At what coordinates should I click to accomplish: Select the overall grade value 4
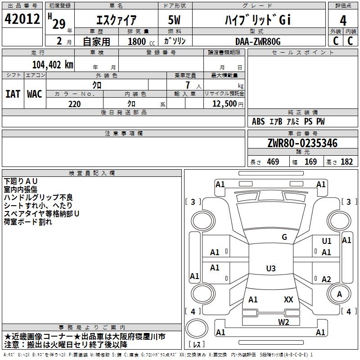[x=343, y=20]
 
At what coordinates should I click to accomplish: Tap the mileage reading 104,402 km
[x=52, y=65]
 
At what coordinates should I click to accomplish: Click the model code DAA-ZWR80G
[x=257, y=41]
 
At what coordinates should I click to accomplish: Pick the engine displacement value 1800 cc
[x=137, y=41]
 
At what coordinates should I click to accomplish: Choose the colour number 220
[x=74, y=104]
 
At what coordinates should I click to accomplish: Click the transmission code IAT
[x=13, y=94]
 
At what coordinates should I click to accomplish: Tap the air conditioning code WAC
[x=34, y=94]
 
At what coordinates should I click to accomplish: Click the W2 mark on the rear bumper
[x=283, y=322]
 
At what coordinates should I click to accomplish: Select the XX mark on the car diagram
[x=288, y=300]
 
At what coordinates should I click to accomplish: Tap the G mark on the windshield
[x=284, y=237]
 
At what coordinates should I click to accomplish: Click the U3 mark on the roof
[x=270, y=269]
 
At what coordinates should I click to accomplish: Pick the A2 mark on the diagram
[x=326, y=279]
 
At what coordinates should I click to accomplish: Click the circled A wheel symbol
[x=339, y=294]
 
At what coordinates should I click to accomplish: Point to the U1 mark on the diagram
[x=326, y=241]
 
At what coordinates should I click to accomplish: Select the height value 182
[x=346, y=162]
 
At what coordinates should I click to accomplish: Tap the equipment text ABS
[x=258, y=121]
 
